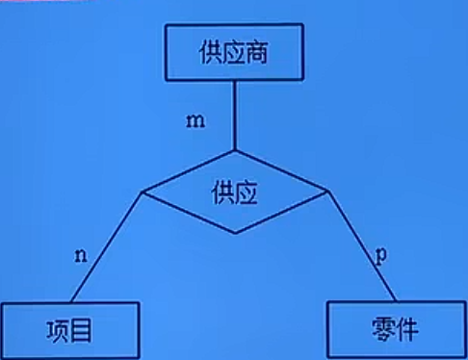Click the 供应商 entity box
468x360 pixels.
click(x=234, y=54)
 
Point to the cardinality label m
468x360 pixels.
click(x=195, y=120)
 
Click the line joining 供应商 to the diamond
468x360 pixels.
click(x=235, y=116)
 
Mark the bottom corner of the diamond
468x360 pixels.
click(x=236, y=232)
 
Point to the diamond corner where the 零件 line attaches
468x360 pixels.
click(x=328, y=193)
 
